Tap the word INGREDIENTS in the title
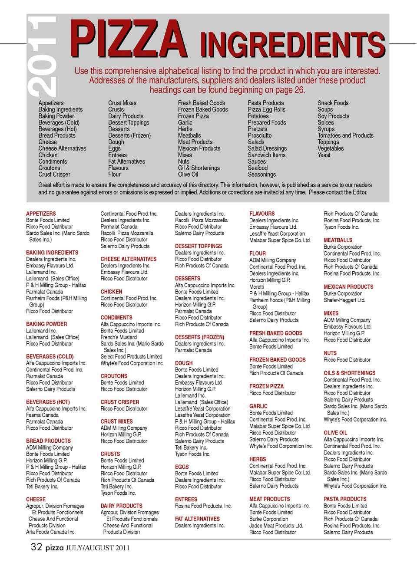point(292,45)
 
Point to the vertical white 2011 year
point(42,56)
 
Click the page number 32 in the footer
point(36,547)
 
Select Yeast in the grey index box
point(324,155)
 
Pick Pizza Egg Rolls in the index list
point(266,109)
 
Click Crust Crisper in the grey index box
point(54,174)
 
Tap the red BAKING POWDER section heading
point(46,324)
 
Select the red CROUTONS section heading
point(114,376)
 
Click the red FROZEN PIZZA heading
point(266,386)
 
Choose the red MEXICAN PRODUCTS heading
point(348,287)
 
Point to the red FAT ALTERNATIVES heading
point(197,519)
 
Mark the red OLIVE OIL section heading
point(335,433)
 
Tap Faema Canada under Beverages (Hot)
point(42,415)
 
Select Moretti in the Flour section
point(257,287)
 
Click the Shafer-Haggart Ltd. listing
point(344,300)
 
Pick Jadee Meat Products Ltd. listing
point(276,526)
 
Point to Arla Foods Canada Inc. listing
point(50,532)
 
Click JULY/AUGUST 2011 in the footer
point(97,548)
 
